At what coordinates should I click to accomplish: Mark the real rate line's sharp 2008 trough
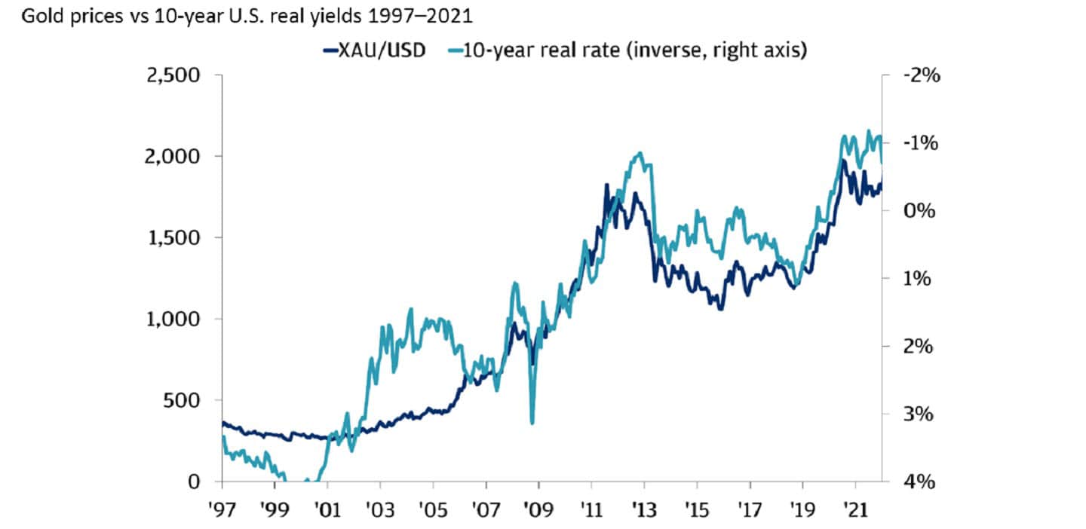pos(532,423)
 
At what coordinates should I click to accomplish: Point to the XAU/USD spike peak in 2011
pos(606,185)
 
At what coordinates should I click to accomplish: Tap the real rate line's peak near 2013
pos(640,153)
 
